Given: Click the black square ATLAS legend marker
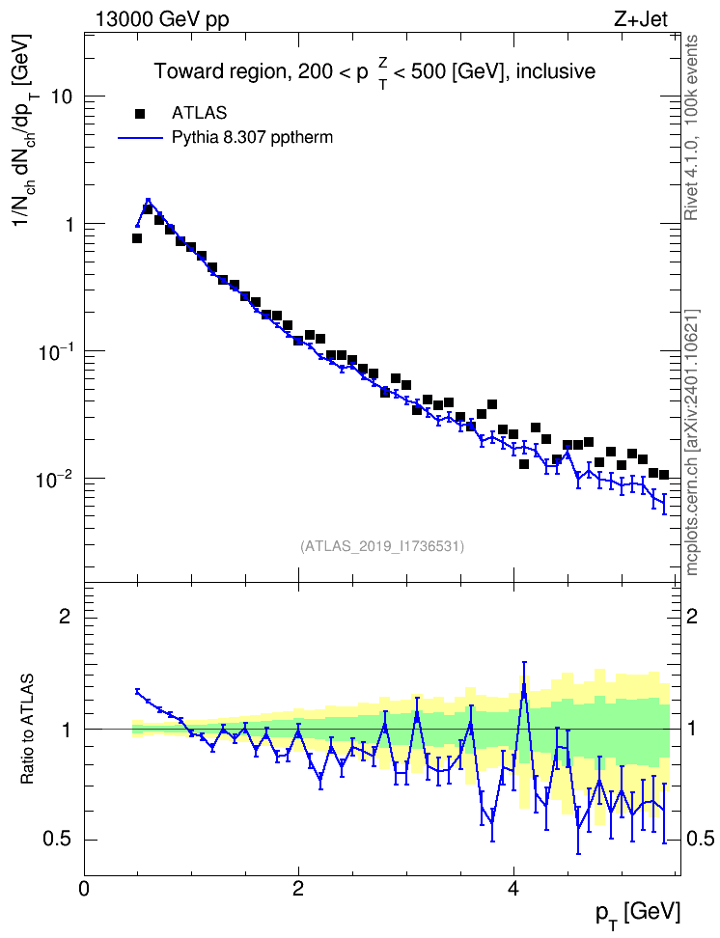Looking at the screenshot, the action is click(140, 113).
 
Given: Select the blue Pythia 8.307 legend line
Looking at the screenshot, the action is click(140, 138).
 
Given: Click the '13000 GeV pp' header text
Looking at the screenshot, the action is click(161, 19).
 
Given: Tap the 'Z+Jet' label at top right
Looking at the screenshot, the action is click(641, 19).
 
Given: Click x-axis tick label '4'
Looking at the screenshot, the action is click(512, 888).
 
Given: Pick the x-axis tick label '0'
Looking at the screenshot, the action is click(84, 888).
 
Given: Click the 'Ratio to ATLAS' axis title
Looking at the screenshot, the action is click(26, 730).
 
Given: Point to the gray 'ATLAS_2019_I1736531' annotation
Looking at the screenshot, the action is click(382, 546).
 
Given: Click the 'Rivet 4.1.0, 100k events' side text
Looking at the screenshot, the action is click(691, 127).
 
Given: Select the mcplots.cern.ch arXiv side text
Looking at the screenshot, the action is click(692, 443).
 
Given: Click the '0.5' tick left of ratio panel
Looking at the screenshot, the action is click(58, 840).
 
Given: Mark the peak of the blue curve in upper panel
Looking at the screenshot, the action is click(148, 201).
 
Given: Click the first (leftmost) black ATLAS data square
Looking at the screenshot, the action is click(137, 238).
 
